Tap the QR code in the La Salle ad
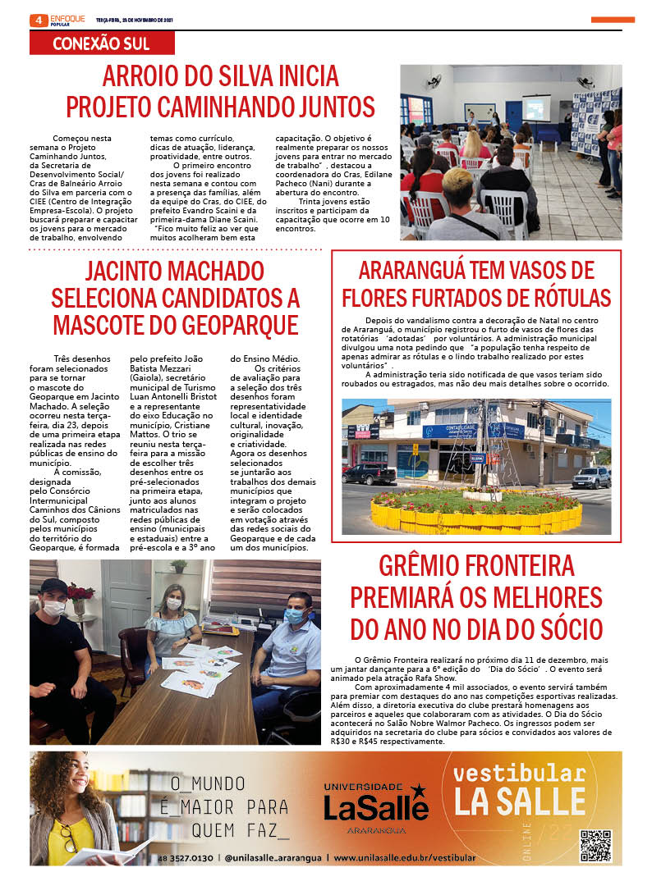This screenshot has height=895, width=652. pyautogui.click(x=595, y=845)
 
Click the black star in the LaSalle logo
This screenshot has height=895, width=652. pyautogui.click(x=418, y=791)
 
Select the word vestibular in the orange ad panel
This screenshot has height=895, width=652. pyautogui.click(x=519, y=773)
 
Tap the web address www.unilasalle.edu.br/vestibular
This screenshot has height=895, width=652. pyautogui.click(x=404, y=858)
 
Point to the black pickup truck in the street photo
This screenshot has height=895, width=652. pyautogui.click(x=369, y=474)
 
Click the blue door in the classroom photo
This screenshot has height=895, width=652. pyautogui.click(x=513, y=116)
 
